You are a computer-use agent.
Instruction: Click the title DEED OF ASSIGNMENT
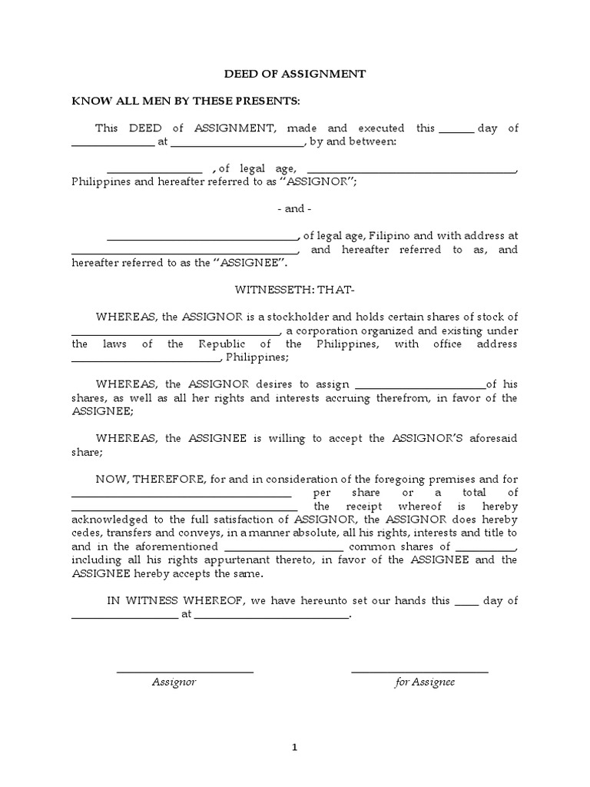294,74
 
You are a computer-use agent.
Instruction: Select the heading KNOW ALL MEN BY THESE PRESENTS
186,101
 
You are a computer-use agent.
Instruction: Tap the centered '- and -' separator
294,209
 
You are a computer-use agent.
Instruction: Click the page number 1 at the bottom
294,746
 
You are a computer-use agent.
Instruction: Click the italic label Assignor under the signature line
174,682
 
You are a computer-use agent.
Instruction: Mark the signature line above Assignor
184,672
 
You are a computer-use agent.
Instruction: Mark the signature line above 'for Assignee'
419,672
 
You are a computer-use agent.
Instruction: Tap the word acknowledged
109,520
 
